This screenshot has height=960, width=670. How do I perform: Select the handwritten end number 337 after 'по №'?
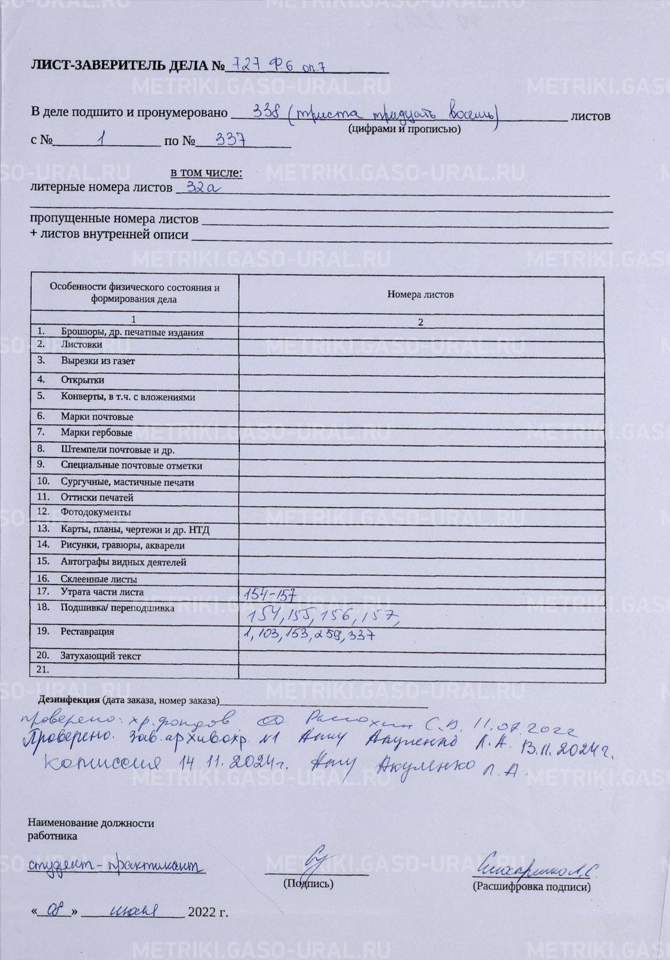coord(233,140)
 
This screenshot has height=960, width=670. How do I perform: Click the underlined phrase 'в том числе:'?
coord(206,173)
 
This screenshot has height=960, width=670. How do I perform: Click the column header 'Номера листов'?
coord(420,295)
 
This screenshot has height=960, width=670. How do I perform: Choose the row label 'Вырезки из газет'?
coord(98,361)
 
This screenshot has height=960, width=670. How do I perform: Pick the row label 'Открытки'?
coord(82,380)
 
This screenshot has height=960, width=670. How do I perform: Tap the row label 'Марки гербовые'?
coord(96,432)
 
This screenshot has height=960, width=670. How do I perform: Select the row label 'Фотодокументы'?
coord(95,512)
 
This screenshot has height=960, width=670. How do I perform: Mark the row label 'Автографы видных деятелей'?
coord(123,562)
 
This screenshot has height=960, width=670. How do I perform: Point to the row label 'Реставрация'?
coord(87,632)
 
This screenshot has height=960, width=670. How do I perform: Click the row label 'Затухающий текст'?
coord(100,656)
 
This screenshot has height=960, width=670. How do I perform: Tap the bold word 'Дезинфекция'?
coord(69,700)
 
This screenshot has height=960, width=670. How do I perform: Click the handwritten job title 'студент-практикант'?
coord(116,865)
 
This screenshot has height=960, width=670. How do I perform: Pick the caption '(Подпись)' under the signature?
coord(308,884)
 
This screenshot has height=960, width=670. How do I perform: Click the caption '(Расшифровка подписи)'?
coord(531,887)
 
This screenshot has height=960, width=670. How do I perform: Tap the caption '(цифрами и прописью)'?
coord(404,129)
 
